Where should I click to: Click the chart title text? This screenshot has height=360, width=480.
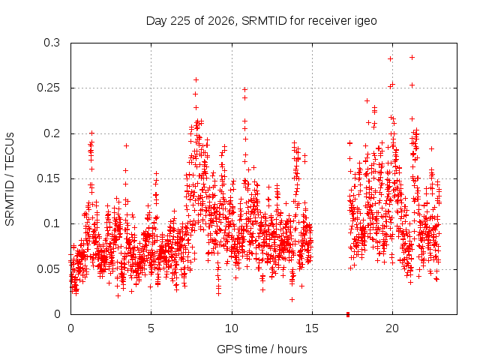(x=262, y=21)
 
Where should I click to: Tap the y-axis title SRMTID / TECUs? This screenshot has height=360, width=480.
(x=10, y=179)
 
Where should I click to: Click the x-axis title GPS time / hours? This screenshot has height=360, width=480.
(x=262, y=349)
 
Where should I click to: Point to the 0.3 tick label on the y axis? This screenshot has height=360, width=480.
(x=52, y=43)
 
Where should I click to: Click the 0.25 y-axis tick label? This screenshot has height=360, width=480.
(x=48, y=88)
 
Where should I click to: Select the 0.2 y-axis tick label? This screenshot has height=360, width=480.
(x=52, y=133)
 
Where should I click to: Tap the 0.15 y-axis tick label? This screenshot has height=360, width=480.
(x=48, y=178)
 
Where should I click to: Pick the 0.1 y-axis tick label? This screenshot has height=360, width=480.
(x=52, y=223)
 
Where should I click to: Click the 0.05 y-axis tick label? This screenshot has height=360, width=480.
(x=48, y=269)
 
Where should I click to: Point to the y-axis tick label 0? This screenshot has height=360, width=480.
(x=57, y=314)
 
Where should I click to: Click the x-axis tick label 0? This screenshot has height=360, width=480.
(x=70, y=328)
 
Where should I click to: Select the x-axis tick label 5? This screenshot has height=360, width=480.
(x=151, y=328)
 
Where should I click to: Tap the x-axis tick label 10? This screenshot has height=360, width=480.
(x=232, y=328)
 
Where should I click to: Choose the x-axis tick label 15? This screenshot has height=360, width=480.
(x=312, y=328)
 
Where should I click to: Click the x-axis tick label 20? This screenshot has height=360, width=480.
(x=392, y=328)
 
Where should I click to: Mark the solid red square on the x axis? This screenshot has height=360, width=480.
(x=348, y=314)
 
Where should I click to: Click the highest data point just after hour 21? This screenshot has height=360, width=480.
(x=412, y=57)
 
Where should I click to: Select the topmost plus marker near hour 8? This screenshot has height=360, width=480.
(x=196, y=80)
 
